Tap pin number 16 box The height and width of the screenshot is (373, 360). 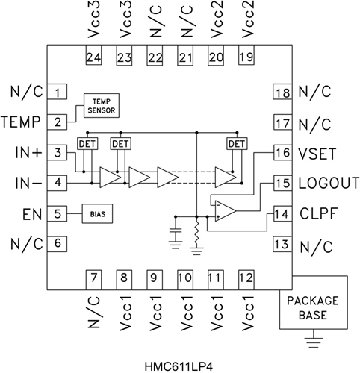282,152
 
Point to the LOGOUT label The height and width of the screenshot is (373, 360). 329,184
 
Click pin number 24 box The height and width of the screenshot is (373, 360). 93,55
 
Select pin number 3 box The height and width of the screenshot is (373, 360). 57,152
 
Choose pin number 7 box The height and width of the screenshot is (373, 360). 93,280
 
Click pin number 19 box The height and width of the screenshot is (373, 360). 246,55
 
